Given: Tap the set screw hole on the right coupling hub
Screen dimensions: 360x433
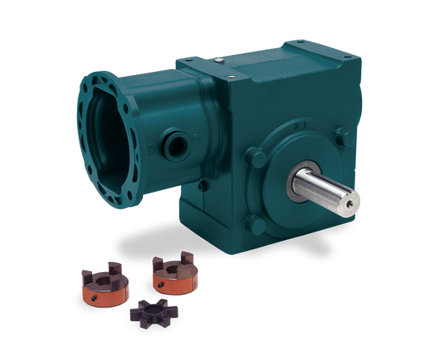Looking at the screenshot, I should [x=174, y=285].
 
